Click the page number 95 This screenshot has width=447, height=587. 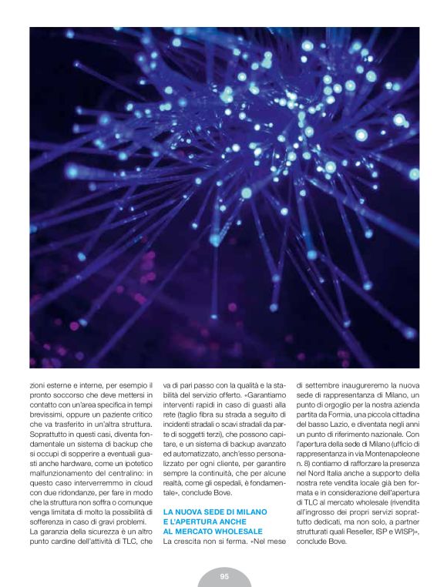223,576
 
